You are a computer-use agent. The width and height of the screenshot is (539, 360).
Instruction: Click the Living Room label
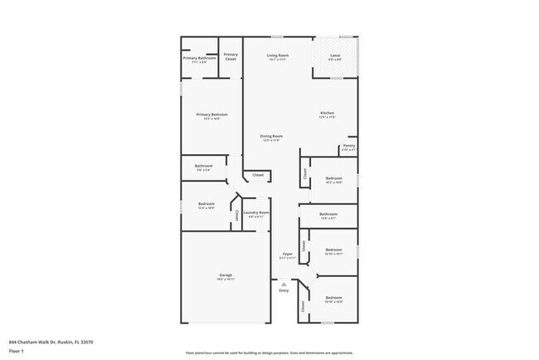tap(277, 55)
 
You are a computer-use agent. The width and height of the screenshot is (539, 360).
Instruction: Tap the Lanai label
tap(334, 55)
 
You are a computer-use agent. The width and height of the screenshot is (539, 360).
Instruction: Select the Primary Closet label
tap(231, 56)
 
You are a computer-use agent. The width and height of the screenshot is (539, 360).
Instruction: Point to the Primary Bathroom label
tap(199, 58)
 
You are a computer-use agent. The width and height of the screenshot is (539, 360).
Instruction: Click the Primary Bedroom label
tap(212, 114)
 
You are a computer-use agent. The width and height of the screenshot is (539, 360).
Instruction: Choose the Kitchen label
tap(328, 113)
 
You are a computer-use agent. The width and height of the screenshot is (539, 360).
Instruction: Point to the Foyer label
tap(288, 253)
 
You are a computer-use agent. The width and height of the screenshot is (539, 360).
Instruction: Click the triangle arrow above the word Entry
tap(284, 283)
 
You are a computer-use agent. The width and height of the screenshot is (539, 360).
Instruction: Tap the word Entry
tap(284, 290)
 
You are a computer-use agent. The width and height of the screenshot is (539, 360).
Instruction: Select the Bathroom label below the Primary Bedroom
tap(204, 165)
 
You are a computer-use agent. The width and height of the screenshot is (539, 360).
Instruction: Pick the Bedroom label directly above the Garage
tap(206, 204)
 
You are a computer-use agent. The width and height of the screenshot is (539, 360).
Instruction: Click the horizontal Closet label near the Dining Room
tap(258, 175)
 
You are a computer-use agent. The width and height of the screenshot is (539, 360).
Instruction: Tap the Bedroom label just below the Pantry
tap(333, 178)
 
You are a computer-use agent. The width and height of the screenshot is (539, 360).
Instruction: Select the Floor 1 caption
tap(17, 351)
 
